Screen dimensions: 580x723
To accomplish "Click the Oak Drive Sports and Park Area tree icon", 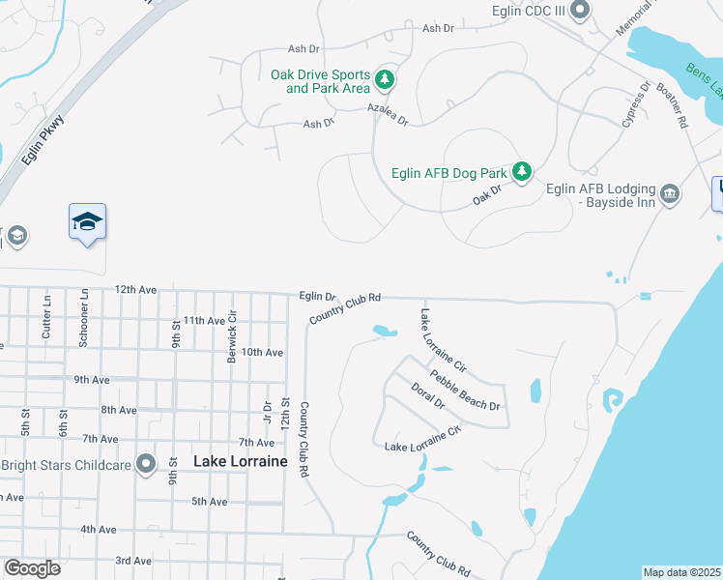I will coord(385,78).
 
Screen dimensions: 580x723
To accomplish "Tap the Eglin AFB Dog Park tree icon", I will coord(522,172).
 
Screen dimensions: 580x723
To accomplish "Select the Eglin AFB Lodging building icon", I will coord(670,196).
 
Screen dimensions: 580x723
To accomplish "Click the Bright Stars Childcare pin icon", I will coord(146,465).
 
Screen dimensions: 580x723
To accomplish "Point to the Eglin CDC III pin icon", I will coord(580,11).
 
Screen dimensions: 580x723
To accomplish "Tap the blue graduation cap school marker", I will coord(87,221).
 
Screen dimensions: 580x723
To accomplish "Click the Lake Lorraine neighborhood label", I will coord(241,462).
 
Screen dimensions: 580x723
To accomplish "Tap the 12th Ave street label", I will coord(135,289).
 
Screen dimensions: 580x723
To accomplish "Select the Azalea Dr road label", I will coord(388,116).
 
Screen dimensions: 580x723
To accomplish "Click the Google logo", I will coord(32,568).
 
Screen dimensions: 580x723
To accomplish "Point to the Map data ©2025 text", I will coord(681,572).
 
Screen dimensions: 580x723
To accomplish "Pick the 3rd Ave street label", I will coord(133,561).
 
